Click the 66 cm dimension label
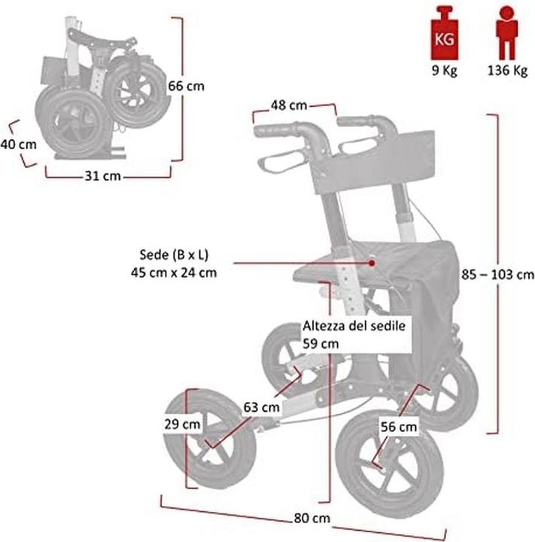[x=186, y=86]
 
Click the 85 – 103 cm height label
[x=499, y=273]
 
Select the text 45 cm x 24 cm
[x=173, y=273]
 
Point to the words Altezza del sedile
[x=355, y=326]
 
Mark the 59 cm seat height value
[x=321, y=343]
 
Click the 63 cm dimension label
[x=261, y=407]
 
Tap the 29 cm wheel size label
[x=182, y=423]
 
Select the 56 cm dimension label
[x=397, y=427]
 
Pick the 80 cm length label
[x=311, y=518]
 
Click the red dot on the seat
[x=372, y=263]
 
